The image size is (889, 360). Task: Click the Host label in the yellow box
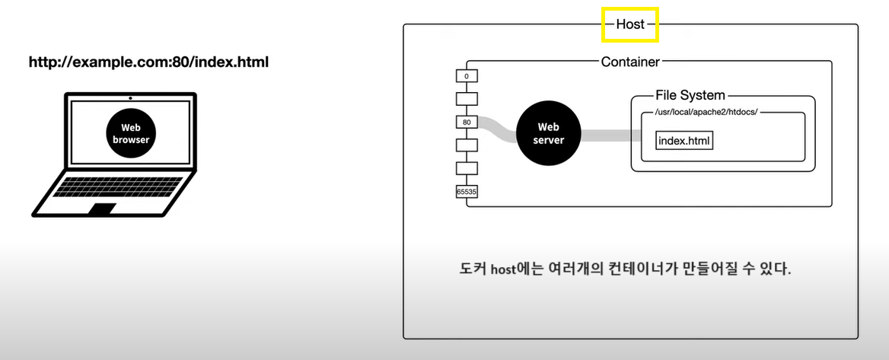point(630,24)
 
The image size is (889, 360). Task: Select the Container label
point(630,62)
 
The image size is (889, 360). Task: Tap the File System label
point(690,96)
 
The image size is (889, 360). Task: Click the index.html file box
point(684,141)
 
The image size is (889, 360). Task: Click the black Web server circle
point(549,135)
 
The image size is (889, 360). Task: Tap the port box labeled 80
point(466,122)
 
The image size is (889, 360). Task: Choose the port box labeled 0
point(466,76)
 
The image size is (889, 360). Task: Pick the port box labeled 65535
point(466,192)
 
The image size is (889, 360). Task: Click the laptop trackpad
point(102,208)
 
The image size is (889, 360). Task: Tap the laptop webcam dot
point(131,98)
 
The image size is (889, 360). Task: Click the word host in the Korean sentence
point(503,270)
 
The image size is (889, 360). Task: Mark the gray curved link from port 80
point(495,129)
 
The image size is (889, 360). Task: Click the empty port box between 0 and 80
point(466,99)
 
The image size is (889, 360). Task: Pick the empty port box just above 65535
point(466,168)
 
